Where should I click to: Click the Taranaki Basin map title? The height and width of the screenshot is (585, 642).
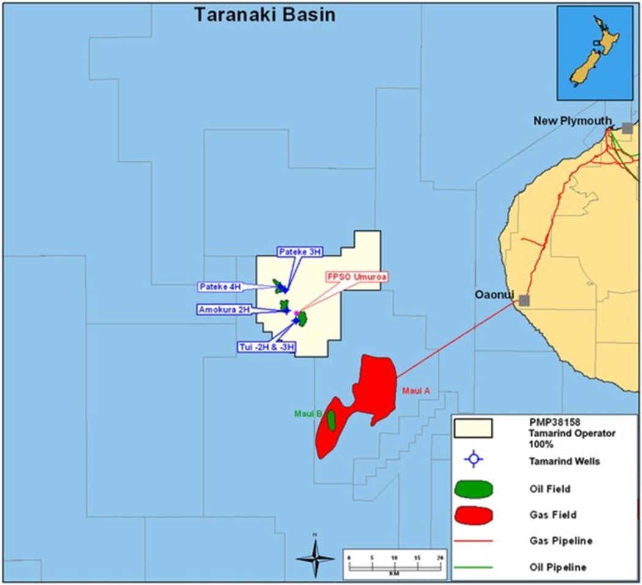click(x=264, y=15)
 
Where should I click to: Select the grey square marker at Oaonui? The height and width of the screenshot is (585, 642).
click(x=524, y=300)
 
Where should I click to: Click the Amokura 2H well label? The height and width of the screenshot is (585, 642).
click(x=224, y=310)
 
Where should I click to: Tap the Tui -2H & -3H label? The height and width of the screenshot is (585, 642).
click(x=267, y=347)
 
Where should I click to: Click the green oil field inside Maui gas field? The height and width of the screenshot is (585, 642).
click(x=331, y=420)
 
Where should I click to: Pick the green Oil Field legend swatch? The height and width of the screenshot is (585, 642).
click(x=474, y=489)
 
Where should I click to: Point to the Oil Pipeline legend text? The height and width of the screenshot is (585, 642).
click(x=559, y=567)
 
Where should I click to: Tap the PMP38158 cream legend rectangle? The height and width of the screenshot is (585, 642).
click(x=473, y=428)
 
